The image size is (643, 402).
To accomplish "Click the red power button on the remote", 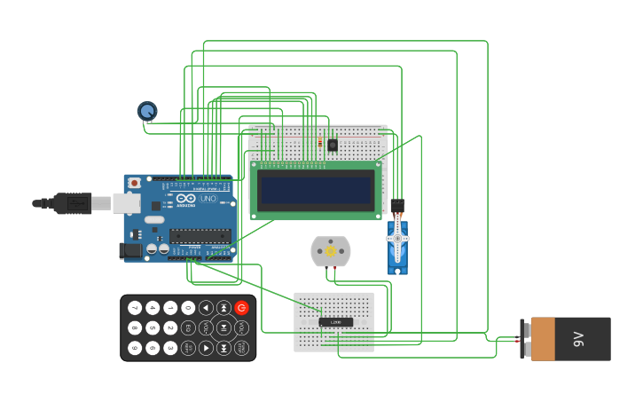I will click(241, 308).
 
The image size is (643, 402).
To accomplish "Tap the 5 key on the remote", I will click(153, 328).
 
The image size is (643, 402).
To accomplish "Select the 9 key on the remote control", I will click(135, 348).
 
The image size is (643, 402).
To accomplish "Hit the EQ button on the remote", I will click(188, 328).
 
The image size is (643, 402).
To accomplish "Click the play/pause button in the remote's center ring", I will click(223, 328).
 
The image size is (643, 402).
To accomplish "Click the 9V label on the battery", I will click(579, 339).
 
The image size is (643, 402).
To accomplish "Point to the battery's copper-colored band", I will click(543, 339).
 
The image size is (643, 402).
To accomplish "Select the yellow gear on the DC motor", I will click(331, 251).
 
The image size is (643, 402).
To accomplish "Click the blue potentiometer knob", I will click(147, 111).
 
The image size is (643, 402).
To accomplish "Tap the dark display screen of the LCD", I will click(316, 190).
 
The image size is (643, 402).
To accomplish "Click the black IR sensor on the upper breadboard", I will click(333, 145).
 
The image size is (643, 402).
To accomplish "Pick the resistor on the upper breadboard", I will click(319, 143).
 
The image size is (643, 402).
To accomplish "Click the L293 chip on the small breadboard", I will click(335, 321).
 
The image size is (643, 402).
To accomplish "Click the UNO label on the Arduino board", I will click(208, 199).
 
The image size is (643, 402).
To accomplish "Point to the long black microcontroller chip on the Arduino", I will click(200, 236).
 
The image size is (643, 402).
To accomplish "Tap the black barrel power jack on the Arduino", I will click(130, 250).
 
